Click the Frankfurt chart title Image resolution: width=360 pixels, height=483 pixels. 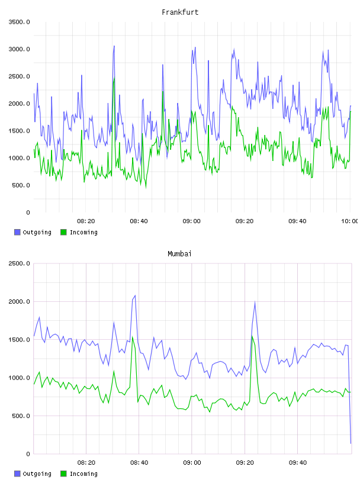pyautogui.click(x=180, y=12)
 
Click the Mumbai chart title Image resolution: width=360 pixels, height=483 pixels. pyautogui.click(x=179, y=254)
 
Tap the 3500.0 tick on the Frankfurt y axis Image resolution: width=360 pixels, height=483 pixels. pyautogui.click(x=19, y=22)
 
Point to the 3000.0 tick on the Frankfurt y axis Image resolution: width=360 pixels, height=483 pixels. pyautogui.click(x=19, y=49)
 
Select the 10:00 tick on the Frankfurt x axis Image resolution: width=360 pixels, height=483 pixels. pyautogui.click(x=349, y=221)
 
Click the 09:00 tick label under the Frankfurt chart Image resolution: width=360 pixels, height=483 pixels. pyautogui.click(x=191, y=221)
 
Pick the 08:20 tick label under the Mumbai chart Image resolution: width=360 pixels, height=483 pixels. pyautogui.click(x=86, y=462)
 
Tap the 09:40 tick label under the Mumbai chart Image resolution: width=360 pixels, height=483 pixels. pyautogui.click(x=298, y=462)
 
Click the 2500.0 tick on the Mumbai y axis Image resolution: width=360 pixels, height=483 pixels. pyautogui.click(x=19, y=263)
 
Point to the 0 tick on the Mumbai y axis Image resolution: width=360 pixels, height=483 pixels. pyautogui.click(x=28, y=454)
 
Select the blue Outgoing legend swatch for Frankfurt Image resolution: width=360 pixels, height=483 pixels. pyautogui.click(x=17, y=232)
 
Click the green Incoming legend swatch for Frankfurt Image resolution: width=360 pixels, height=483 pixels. pyautogui.click(x=63, y=232)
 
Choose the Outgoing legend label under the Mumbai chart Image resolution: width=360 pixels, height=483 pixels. pyautogui.click(x=37, y=474)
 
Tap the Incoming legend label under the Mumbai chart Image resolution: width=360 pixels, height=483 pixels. pyautogui.click(x=83, y=474)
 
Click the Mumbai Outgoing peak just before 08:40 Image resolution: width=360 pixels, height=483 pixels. pyautogui.click(x=135, y=295)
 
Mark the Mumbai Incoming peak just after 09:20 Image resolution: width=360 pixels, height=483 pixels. pyautogui.click(x=252, y=336)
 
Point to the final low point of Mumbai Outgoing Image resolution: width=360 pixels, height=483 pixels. pyautogui.click(x=351, y=443)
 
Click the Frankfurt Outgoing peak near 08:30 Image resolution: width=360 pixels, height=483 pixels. pyautogui.click(x=114, y=46)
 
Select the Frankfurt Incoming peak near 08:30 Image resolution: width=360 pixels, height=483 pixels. pyautogui.click(x=114, y=78)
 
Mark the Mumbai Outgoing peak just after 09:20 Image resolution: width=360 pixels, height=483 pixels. pyautogui.click(x=255, y=302)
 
